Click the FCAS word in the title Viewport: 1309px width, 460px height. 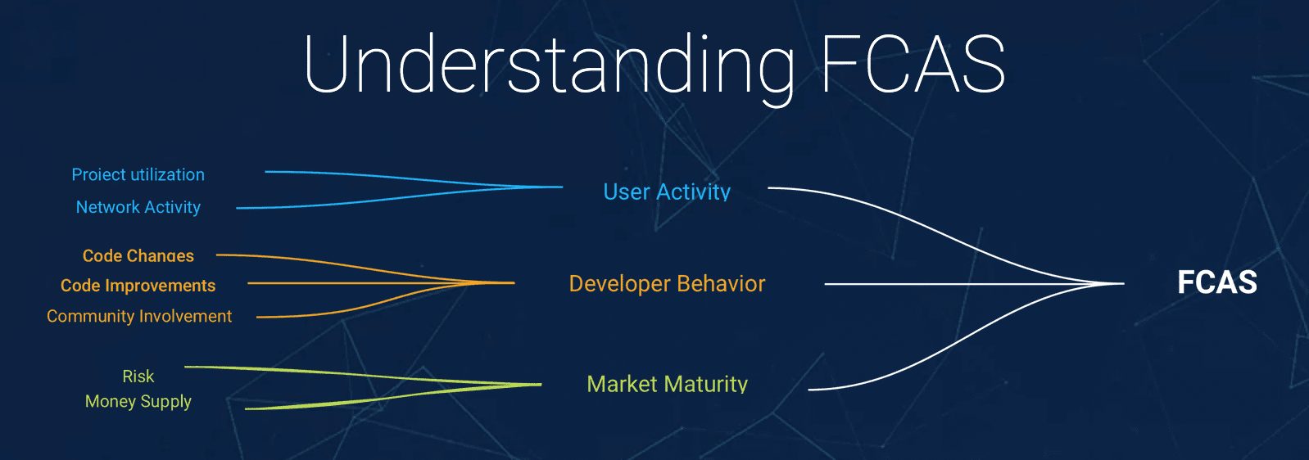[x=913, y=64]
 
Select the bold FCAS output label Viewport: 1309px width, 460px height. [x=1216, y=282]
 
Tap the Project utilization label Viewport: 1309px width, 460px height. [x=138, y=174]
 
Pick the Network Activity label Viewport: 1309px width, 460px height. [x=138, y=207]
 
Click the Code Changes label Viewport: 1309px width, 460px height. [x=138, y=255]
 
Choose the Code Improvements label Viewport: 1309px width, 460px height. [x=138, y=286]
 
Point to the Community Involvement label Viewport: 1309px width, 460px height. [x=139, y=316]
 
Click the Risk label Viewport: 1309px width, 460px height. [x=138, y=376]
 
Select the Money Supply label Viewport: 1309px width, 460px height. [x=138, y=402]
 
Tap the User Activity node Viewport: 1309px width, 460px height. [x=667, y=192]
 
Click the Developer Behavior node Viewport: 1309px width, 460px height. [x=667, y=284]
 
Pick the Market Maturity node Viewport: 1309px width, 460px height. [x=667, y=384]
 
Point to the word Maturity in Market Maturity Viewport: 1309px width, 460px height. [x=706, y=384]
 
